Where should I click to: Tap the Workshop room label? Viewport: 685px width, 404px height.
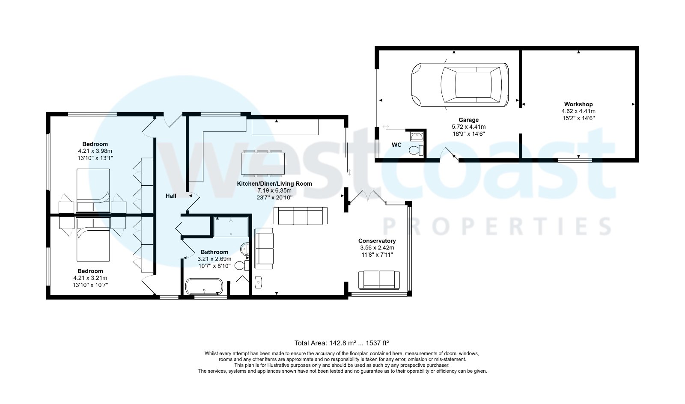(578, 104)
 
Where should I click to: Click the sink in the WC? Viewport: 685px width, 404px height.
(416, 137)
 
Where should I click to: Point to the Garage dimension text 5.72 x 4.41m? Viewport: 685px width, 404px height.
(468, 127)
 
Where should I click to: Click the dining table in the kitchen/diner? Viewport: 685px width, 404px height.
(263, 163)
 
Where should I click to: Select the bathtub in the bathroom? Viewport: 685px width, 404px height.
(204, 286)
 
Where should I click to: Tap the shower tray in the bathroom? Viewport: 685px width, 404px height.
(231, 227)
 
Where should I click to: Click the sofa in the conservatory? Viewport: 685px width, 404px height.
(379, 280)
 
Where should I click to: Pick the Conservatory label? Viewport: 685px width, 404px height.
(377, 241)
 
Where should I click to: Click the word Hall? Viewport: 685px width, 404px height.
(171, 196)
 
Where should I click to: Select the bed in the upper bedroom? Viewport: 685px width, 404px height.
(93, 190)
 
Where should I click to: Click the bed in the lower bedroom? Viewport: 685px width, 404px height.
(93, 240)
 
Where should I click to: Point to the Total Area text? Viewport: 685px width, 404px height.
(341, 343)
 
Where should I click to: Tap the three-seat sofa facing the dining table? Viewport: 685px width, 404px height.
(300, 215)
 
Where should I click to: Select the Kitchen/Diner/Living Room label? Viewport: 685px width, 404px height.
(274, 184)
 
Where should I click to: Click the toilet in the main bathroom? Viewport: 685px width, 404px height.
(241, 266)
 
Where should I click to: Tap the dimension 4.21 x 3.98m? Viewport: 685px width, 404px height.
(95, 151)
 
